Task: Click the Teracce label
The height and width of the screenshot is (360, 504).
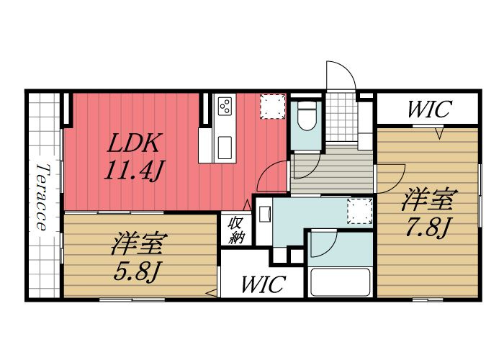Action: (x=42, y=197)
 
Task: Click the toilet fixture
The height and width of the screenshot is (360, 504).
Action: (x=306, y=115)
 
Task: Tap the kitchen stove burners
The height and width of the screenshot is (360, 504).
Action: (x=224, y=107)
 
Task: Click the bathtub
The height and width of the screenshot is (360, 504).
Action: (x=338, y=283)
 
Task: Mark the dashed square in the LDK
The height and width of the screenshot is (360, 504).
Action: (x=272, y=106)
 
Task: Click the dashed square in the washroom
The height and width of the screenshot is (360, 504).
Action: (x=358, y=210)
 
